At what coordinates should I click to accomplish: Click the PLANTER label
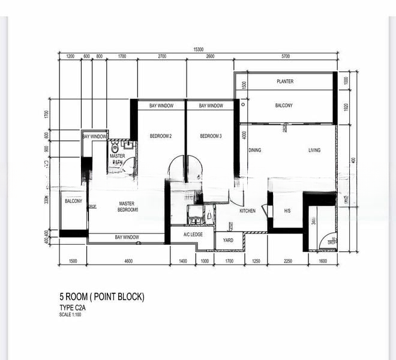(284, 81)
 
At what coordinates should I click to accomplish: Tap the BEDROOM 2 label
(161, 136)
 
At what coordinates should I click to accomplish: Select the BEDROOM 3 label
(211, 136)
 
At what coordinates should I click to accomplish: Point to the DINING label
(254, 151)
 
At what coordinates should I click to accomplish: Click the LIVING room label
(314, 151)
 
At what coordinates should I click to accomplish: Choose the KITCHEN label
(248, 211)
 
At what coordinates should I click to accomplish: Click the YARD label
(228, 240)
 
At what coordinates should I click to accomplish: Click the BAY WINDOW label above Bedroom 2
(161, 106)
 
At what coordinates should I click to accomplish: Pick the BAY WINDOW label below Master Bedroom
(127, 238)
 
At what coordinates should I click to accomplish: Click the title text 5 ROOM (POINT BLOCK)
(101, 297)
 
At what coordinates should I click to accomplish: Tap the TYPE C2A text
(73, 308)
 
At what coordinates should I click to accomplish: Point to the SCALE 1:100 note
(70, 315)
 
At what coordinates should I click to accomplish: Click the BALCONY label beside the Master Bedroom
(73, 201)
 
